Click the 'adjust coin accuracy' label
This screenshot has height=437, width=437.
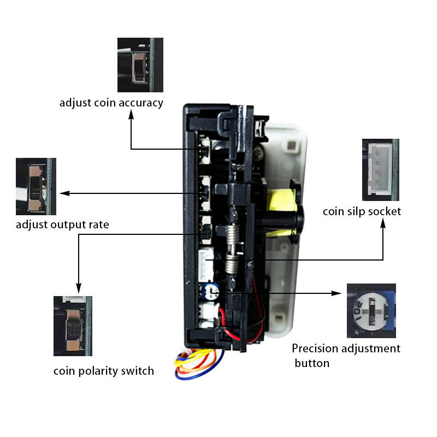pyautogui.click(x=111, y=103)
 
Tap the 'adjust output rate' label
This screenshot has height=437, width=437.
pyautogui.click(x=62, y=225)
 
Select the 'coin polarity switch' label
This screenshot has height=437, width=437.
pyautogui.click(x=104, y=371)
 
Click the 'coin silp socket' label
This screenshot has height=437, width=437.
pyautogui.click(x=362, y=211)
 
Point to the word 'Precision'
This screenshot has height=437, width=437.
pyautogui.click(x=315, y=349)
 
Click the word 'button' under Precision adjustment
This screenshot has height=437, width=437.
pyautogui.click(x=312, y=363)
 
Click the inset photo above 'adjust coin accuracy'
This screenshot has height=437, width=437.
pyautogui.click(x=140, y=65)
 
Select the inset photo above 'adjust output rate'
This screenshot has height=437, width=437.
pyautogui.click(x=36, y=186)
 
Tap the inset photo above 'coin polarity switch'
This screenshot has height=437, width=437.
pyautogui.click(x=73, y=326)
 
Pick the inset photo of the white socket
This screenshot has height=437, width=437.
pyautogui.click(x=380, y=170)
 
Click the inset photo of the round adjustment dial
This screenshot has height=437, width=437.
pyautogui.click(x=371, y=311)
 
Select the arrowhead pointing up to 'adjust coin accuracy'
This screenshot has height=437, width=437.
pyautogui.click(x=131, y=115)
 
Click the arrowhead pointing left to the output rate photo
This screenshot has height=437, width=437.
pyautogui.click(x=65, y=193)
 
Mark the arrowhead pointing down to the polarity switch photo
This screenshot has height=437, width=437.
pyautogui.click(x=79, y=288)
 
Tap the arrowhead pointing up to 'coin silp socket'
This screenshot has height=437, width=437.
pyautogui.click(x=383, y=224)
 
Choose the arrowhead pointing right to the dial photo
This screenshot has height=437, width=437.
pyautogui.click(x=336, y=293)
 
